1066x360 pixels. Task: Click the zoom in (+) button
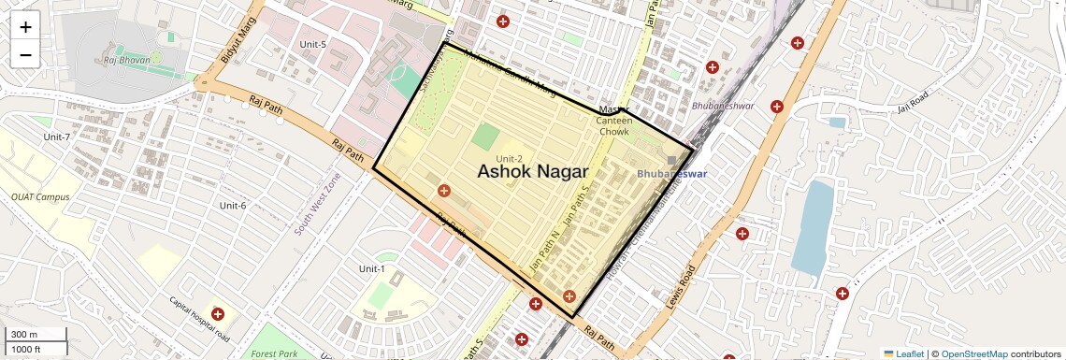pyautogui.click(x=25, y=27)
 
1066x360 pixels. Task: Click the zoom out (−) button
pyautogui.click(x=25, y=55)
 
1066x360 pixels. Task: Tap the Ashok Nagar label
pyautogui.click(x=532, y=172)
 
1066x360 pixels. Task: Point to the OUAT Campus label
pyautogui.click(x=40, y=197)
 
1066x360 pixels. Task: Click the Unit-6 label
pyautogui.click(x=232, y=206)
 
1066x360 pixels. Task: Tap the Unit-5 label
pyautogui.click(x=312, y=45)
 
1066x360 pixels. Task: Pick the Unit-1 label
pyautogui.click(x=371, y=269)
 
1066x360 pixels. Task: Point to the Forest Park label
pyautogui.click(x=274, y=354)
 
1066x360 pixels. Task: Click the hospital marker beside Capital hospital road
pyautogui.click(x=218, y=315)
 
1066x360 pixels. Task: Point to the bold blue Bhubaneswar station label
pyautogui.click(x=671, y=174)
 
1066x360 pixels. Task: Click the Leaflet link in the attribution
pyautogui.click(x=903, y=354)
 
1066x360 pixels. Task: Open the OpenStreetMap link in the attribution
pyautogui.click(x=973, y=354)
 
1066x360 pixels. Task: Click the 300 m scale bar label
pyautogui.click(x=23, y=335)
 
